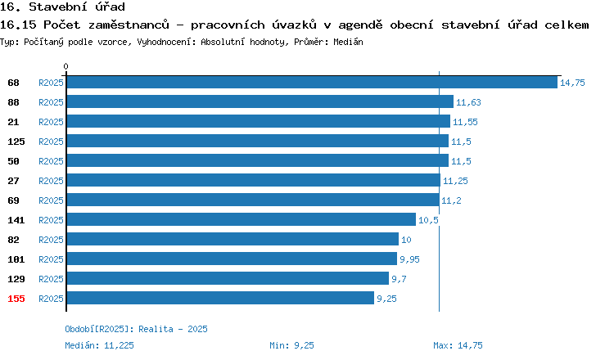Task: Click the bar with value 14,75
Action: pos(312,82)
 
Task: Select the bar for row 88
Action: pos(260,101)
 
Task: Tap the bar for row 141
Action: pos(242,219)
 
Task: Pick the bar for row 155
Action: pos(220,298)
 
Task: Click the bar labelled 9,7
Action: pos(228,278)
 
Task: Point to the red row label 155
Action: pos(16,299)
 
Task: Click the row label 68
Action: pos(13,83)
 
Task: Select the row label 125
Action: pos(16,142)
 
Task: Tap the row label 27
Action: pos(13,181)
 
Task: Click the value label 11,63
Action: pos(468,102)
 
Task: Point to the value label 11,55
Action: pos(465,122)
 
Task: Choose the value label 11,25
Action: pos(455,181)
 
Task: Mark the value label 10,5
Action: pos(428,220)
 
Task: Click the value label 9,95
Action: pos(409,259)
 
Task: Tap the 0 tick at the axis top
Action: pos(65,66)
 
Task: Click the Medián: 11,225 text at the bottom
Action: pos(99,345)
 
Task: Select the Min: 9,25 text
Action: pos(291,345)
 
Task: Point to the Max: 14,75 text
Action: pos(458,345)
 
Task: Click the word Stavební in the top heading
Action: pos(58,7)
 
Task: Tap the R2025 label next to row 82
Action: pos(51,240)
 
